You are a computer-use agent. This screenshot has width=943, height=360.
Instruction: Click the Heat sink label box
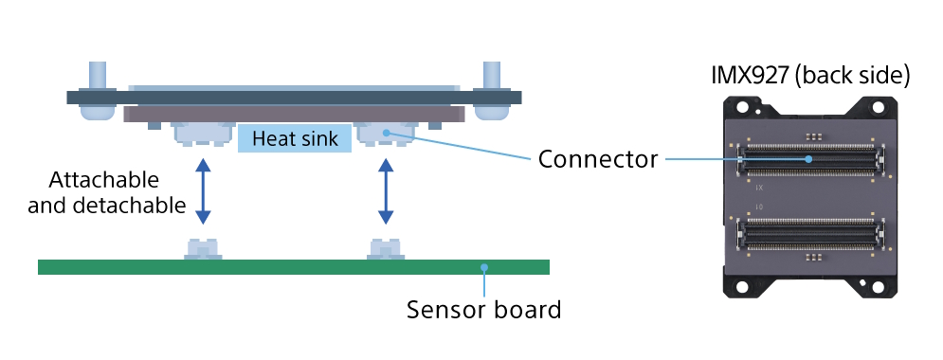click(x=294, y=138)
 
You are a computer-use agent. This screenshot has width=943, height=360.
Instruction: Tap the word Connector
click(x=597, y=159)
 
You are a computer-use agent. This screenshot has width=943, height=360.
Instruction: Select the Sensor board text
click(x=483, y=309)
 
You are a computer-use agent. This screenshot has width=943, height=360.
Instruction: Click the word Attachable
click(x=103, y=179)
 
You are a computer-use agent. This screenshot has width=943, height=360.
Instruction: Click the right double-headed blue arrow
click(x=386, y=190)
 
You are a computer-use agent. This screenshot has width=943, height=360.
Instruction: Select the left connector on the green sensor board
click(x=203, y=248)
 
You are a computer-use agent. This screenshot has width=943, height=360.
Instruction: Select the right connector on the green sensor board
click(x=386, y=248)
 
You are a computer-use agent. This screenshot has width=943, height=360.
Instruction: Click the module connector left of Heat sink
click(x=203, y=135)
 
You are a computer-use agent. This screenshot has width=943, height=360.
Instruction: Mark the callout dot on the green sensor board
click(x=483, y=267)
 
